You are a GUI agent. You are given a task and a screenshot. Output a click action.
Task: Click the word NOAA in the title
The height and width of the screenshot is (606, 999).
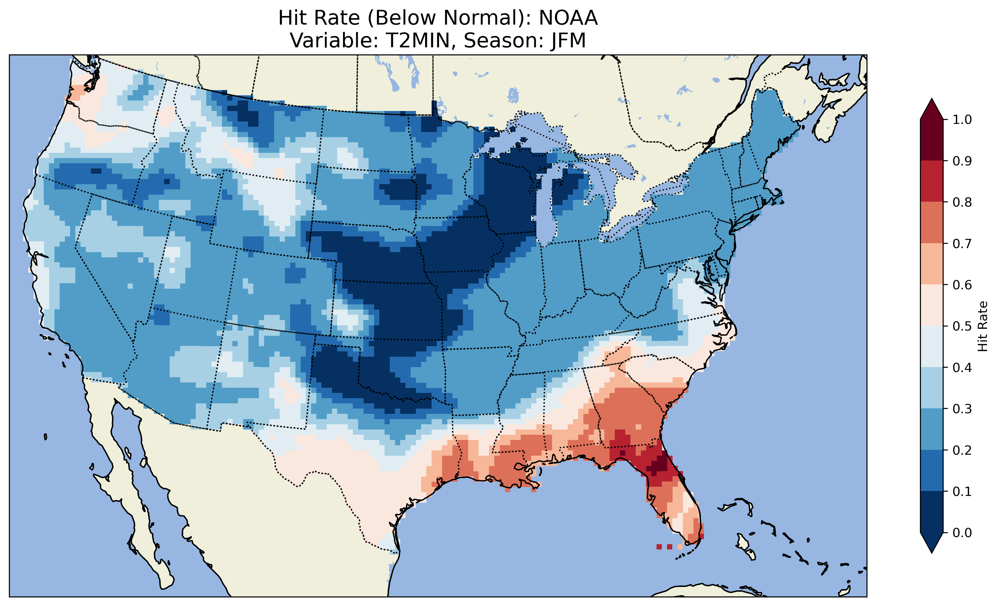tap(568, 18)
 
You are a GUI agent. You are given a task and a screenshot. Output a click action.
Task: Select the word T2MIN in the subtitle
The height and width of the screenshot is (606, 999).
tap(418, 41)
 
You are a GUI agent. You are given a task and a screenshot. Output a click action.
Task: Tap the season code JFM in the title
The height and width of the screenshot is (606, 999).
tap(568, 41)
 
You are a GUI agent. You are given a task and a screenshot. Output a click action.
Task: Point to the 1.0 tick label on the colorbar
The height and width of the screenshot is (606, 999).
tap(962, 120)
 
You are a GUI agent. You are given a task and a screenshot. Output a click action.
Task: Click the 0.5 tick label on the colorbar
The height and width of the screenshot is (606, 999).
tap(962, 326)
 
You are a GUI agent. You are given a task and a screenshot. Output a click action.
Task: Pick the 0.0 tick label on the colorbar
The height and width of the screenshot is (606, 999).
tap(962, 533)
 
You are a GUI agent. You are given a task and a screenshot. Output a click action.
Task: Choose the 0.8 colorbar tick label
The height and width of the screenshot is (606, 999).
tap(962, 202)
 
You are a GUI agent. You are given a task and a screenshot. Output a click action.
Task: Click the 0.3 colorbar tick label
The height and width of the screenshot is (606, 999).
tap(962, 409)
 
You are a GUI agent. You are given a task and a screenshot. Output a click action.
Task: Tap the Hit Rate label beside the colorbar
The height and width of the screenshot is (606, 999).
tap(983, 326)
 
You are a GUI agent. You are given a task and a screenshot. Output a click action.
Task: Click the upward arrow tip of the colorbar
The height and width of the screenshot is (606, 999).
tap(932, 101)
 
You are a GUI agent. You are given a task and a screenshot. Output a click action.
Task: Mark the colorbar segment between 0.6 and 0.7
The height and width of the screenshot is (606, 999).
tap(932, 264)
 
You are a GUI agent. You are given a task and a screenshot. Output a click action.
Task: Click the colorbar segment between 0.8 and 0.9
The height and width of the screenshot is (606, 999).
tap(932, 181)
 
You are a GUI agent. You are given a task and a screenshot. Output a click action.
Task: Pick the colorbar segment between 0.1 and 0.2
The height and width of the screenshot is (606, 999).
tap(932, 470)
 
